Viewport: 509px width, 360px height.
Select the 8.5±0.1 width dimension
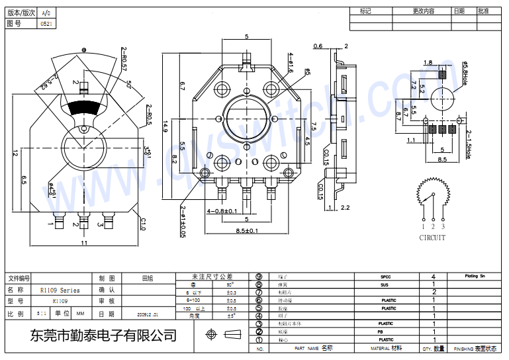246,230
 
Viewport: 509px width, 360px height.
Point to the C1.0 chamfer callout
142,224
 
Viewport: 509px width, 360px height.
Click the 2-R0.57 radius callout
124,59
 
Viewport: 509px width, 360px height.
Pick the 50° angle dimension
129,85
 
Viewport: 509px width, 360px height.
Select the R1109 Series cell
60,291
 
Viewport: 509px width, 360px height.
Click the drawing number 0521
46,24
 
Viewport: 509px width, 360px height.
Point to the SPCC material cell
386,276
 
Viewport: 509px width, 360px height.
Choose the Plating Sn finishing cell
475,275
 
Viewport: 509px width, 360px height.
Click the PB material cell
380,332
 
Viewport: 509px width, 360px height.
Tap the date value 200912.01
148,314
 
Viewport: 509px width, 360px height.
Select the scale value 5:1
41,314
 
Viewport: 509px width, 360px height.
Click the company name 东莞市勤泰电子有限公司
104,336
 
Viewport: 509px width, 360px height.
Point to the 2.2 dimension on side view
344,208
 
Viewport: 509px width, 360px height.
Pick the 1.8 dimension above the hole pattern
428,63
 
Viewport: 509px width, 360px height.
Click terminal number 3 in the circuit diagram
443,226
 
